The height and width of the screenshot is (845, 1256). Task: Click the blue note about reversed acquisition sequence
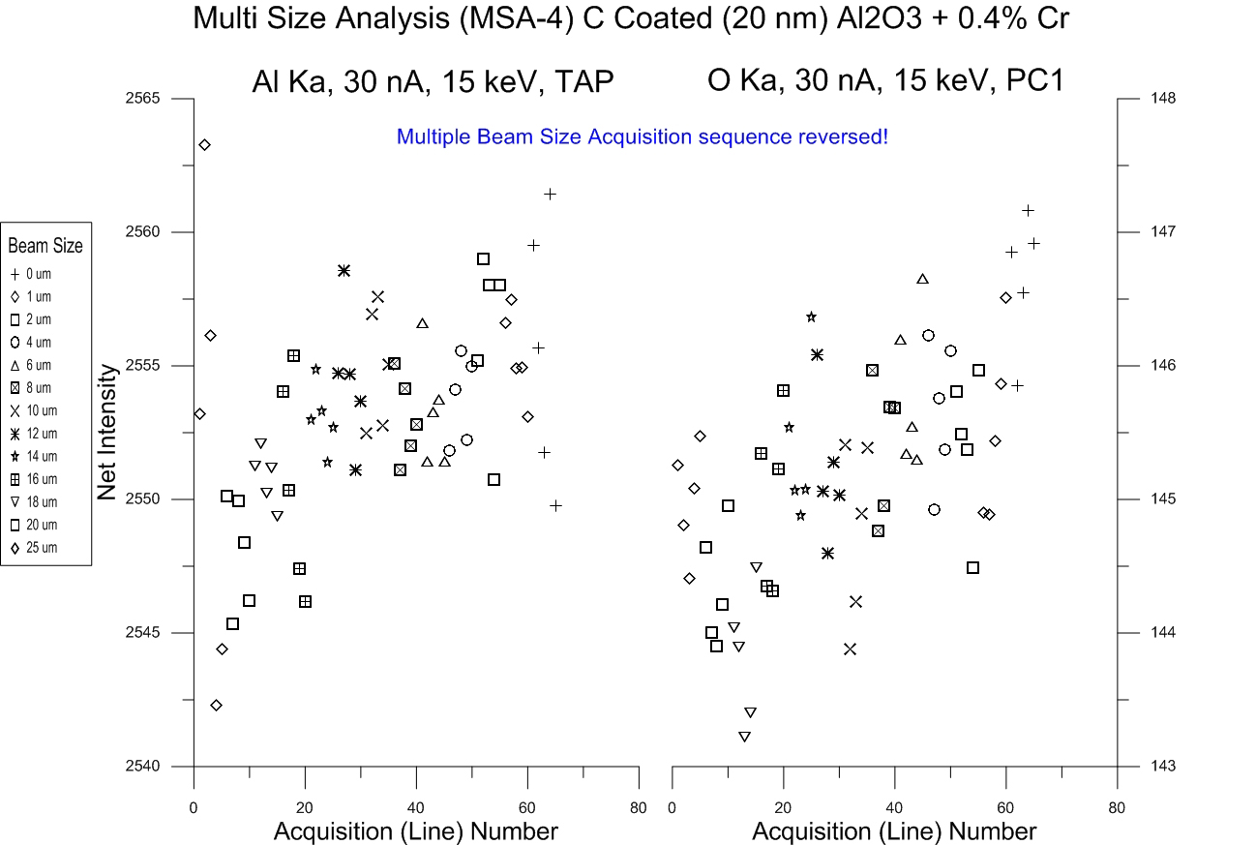(642, 137)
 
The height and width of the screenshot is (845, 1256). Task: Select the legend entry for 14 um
(39, 456)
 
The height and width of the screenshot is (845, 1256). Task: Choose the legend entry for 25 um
(39, 548)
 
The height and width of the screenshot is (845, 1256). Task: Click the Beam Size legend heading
(45, 246)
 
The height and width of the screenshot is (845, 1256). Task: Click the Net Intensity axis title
(107, 432)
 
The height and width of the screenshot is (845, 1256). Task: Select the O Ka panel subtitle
(885, 81)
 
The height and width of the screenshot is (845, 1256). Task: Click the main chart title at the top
(631, 18)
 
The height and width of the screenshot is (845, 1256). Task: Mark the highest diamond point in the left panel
(204, 145)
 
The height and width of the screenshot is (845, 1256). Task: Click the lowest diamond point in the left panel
(216, 705)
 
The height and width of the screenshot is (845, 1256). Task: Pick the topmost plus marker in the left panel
(550, 194)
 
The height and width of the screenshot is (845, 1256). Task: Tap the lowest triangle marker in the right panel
(743, 737)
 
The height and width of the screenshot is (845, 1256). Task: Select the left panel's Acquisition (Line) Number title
(415, 831)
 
